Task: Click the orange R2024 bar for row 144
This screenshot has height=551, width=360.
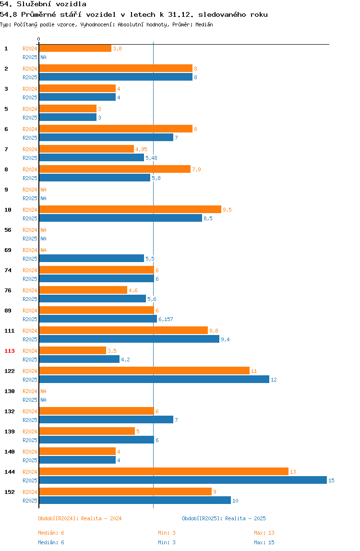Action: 164,472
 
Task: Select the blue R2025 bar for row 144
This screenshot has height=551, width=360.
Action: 183,480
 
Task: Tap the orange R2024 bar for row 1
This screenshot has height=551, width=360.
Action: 75,48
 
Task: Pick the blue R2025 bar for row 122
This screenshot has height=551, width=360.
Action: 154,380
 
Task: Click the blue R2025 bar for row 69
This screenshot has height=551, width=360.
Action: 91,259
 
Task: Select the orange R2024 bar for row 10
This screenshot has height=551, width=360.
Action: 130,210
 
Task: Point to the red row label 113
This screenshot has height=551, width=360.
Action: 10,351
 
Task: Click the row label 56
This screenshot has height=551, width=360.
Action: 8,230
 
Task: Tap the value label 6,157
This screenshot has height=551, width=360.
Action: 166,320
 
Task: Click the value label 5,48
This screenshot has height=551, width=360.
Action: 152,158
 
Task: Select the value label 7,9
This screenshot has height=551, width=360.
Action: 196,170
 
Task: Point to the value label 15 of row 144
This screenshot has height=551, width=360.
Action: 331,481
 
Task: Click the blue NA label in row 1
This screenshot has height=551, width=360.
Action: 43,57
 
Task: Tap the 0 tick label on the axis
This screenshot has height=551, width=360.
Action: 39,39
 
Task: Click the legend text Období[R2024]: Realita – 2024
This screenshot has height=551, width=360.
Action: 80,519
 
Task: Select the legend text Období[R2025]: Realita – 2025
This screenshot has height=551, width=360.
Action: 224,519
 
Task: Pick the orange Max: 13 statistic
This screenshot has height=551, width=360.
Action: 264,533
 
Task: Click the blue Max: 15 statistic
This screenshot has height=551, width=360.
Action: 264,542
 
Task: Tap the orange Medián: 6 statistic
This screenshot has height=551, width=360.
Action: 51,533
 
